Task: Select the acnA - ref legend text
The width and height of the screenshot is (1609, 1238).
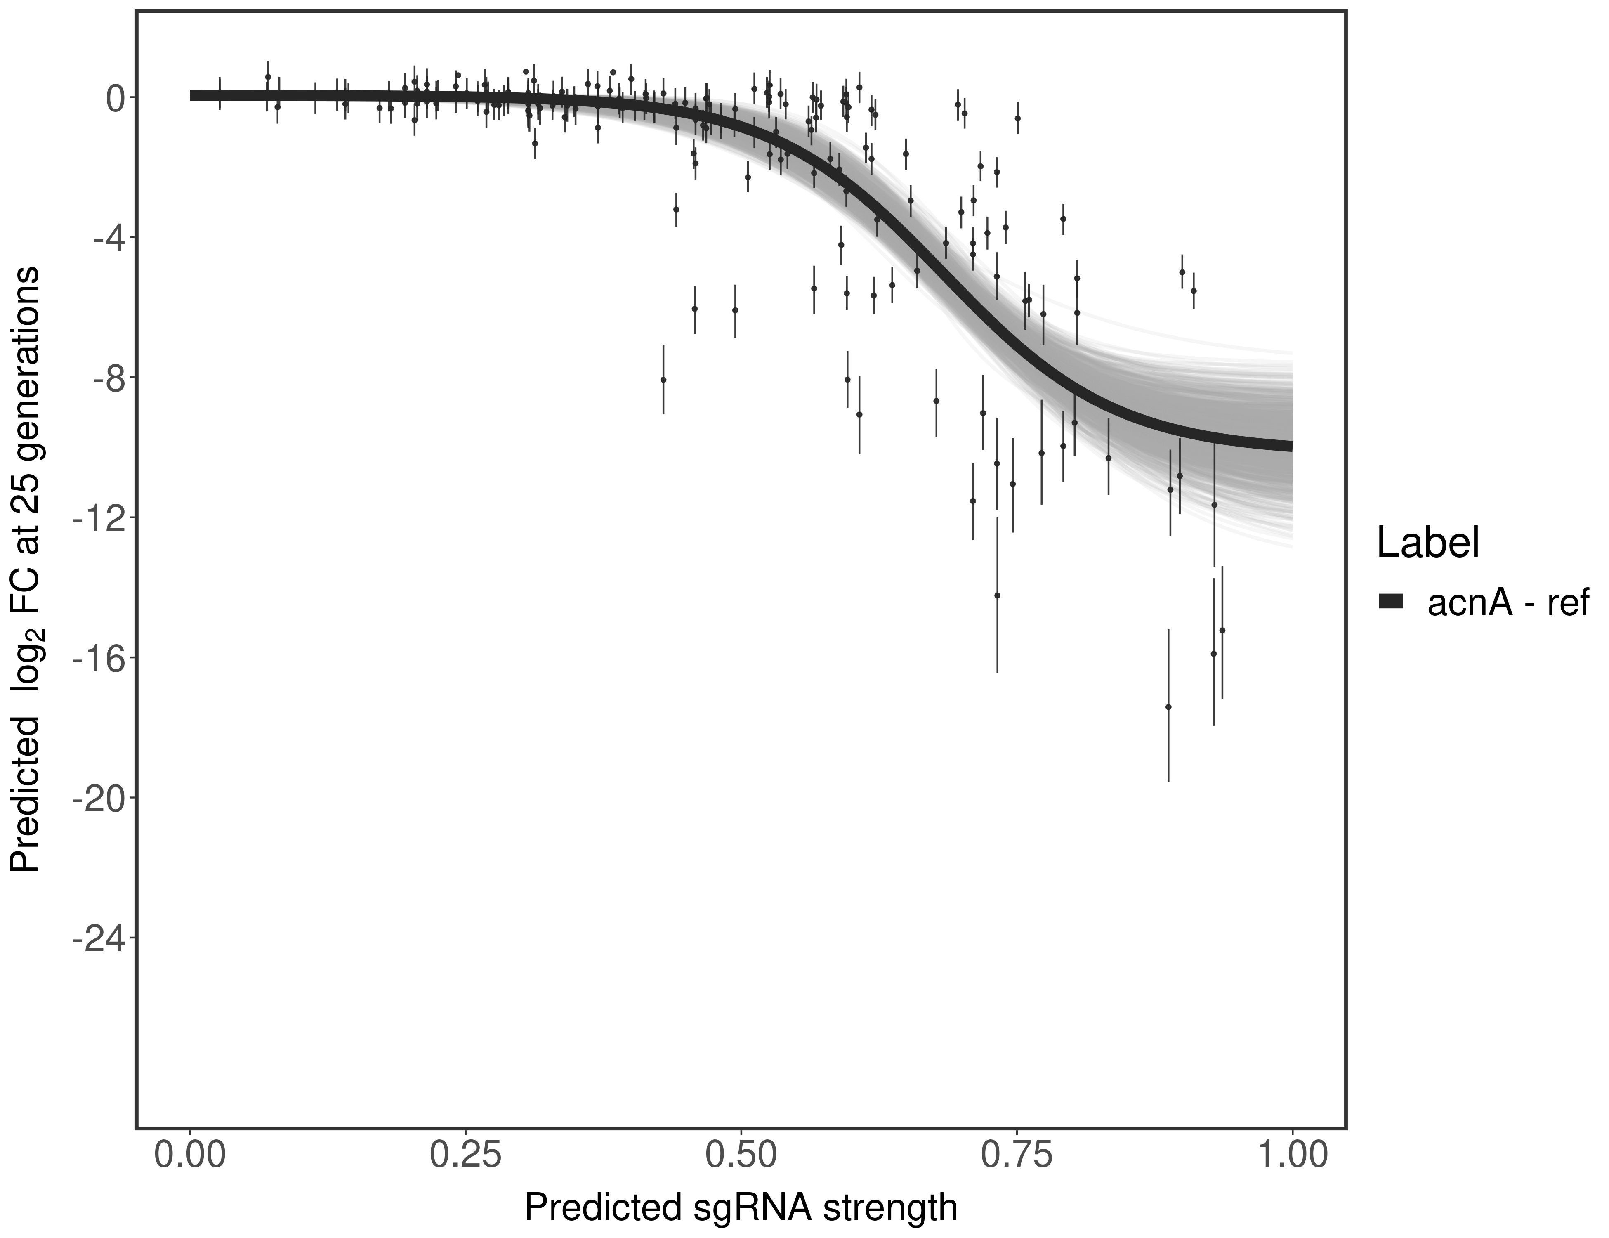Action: click(1508, 603)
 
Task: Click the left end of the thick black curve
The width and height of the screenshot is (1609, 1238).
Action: click(193, 95)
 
